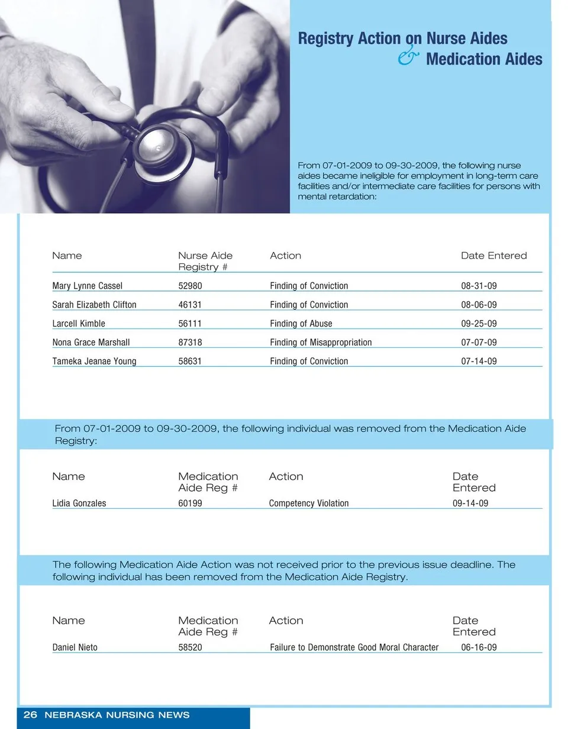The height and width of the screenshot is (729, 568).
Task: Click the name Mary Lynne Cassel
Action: coord(87,286)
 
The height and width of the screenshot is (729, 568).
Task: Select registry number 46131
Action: coord(190,305)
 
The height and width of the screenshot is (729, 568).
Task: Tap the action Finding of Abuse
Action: coord(301,324)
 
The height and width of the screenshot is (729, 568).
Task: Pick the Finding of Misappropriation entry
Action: coord(321,343)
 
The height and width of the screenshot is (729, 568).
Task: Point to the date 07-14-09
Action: coord(479,361)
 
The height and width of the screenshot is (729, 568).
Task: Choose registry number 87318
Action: coord(190,343)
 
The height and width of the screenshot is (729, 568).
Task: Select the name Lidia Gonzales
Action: coord(79,504)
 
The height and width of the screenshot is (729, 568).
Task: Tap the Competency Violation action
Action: coord(309,504)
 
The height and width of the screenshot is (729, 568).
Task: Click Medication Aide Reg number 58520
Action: coord(190,647)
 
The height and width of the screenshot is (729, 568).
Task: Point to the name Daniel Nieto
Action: coord(75,647)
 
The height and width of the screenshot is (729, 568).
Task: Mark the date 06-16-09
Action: coord(479,647)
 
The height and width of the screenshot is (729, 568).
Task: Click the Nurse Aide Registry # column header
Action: coord(205,261)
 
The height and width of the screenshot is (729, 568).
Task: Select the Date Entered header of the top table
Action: coord(493,256)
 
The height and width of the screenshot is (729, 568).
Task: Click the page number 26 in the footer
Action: coord(30,715)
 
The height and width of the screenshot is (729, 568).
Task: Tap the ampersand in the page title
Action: coord(408,57)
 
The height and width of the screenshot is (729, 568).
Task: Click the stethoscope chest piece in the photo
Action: coord(157,145)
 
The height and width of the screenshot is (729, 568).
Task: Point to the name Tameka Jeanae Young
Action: coord(94,361)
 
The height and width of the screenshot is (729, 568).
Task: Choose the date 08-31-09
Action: coord(479,286)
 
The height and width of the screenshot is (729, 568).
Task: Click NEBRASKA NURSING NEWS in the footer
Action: coord(117,715)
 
